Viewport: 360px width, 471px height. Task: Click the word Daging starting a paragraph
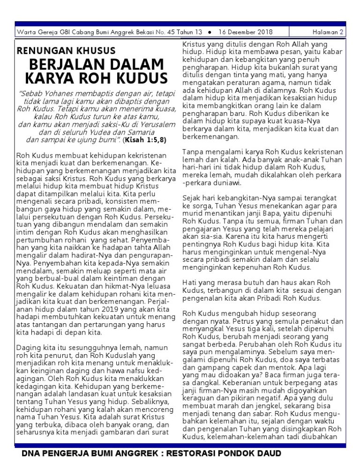click(29, 348)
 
